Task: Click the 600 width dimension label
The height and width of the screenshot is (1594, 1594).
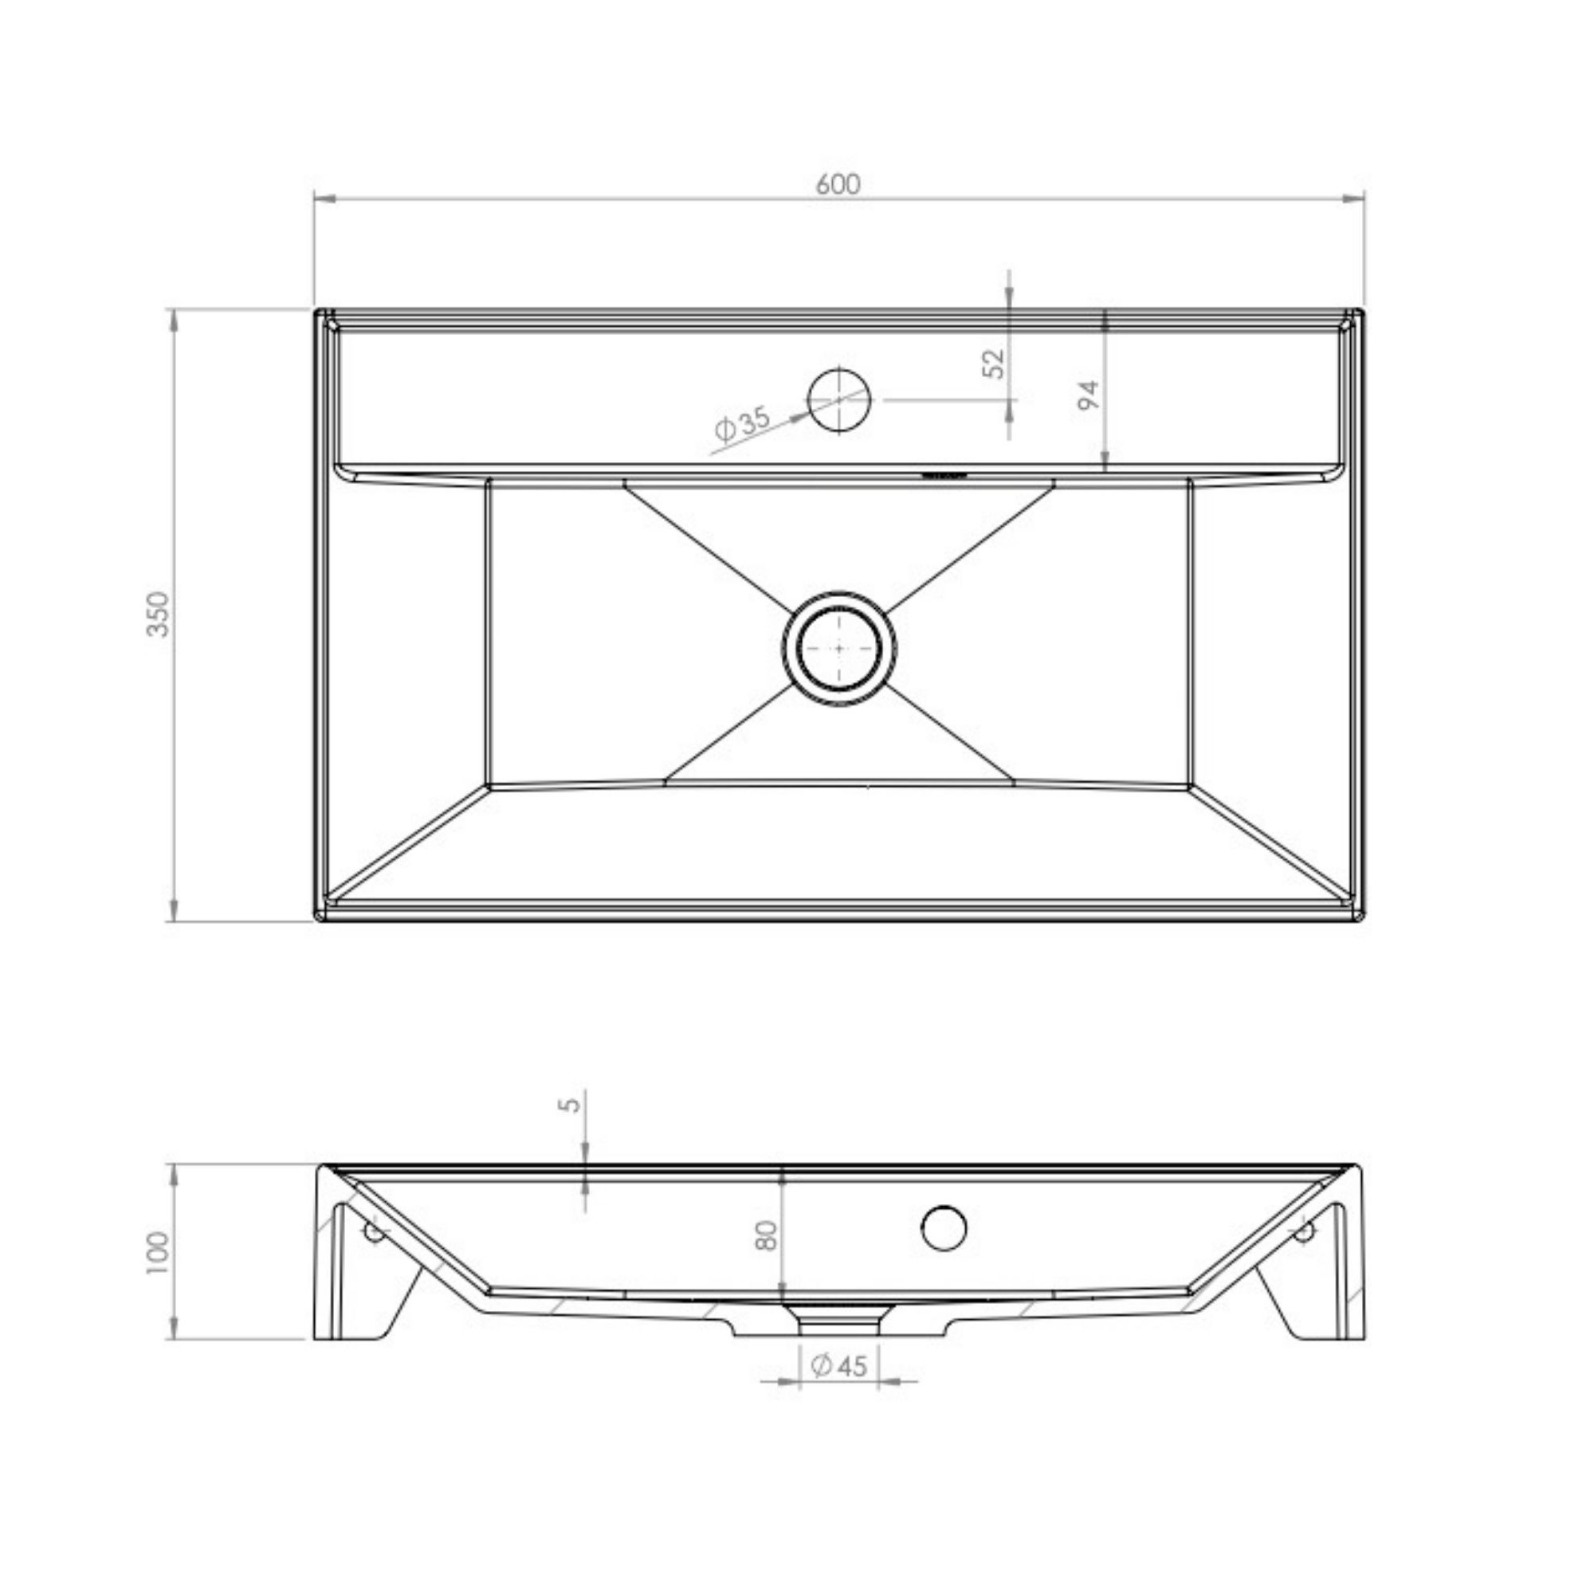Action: tap(838, 184)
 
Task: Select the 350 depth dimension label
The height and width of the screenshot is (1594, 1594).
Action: tap(159, 614)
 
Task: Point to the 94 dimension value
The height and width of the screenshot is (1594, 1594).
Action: tap(1089, 395)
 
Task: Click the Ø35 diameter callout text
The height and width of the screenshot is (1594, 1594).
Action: tap(742, 423)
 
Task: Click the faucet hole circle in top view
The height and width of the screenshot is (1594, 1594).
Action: tap(839, 399)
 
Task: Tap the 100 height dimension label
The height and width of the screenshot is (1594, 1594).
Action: tap(158, 1252)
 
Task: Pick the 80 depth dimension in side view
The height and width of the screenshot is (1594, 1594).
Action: tap(768, 1235)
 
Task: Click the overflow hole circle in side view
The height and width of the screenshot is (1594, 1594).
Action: tap(944, 1227)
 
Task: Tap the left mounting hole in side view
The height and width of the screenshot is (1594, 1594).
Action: tap(375, 1233)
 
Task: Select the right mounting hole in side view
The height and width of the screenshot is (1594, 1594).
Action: tap(1303, 1233)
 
